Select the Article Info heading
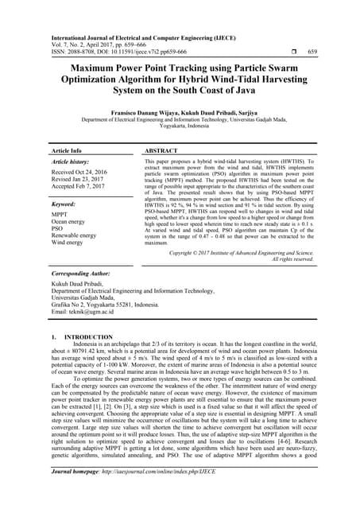click(66, 150)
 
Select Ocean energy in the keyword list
click(72, 223)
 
